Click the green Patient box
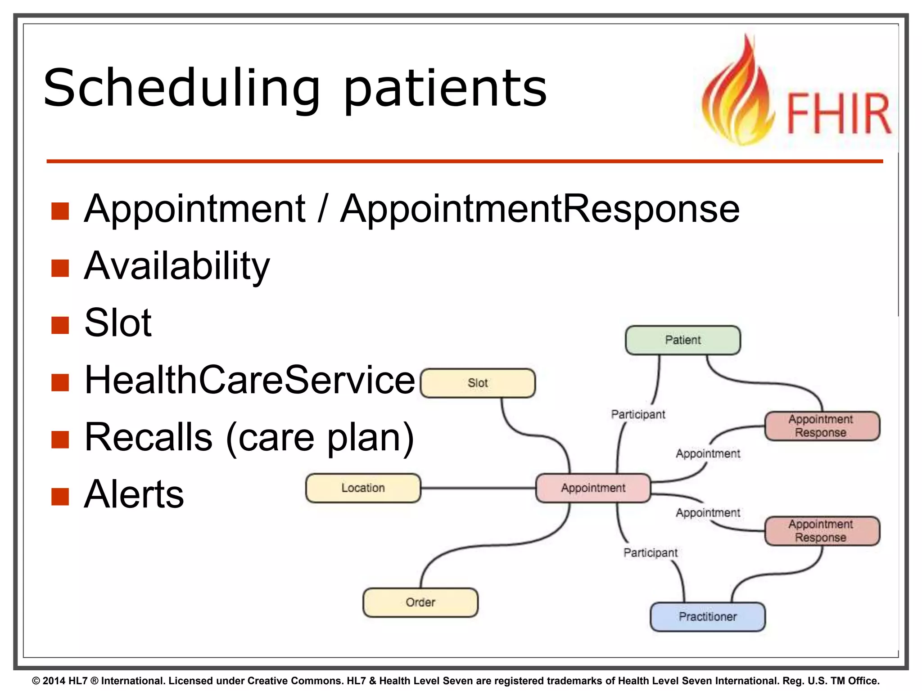click(682, 340)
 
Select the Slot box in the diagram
click(478, 383)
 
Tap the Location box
click(363, 488)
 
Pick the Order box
click(420, 602)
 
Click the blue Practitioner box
click(707, 616)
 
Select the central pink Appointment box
click(593, 488)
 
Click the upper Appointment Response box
click(822, 426)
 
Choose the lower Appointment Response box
click(822, 530)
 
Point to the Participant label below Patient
click(638, 414)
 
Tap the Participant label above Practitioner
click(650, 552)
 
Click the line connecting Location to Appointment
click(477, 488)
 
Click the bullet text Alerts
click(134, 494)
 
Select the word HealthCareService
click(249, 380)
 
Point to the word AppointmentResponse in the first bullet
click(539, 209)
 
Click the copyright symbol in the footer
click(36, 681)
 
